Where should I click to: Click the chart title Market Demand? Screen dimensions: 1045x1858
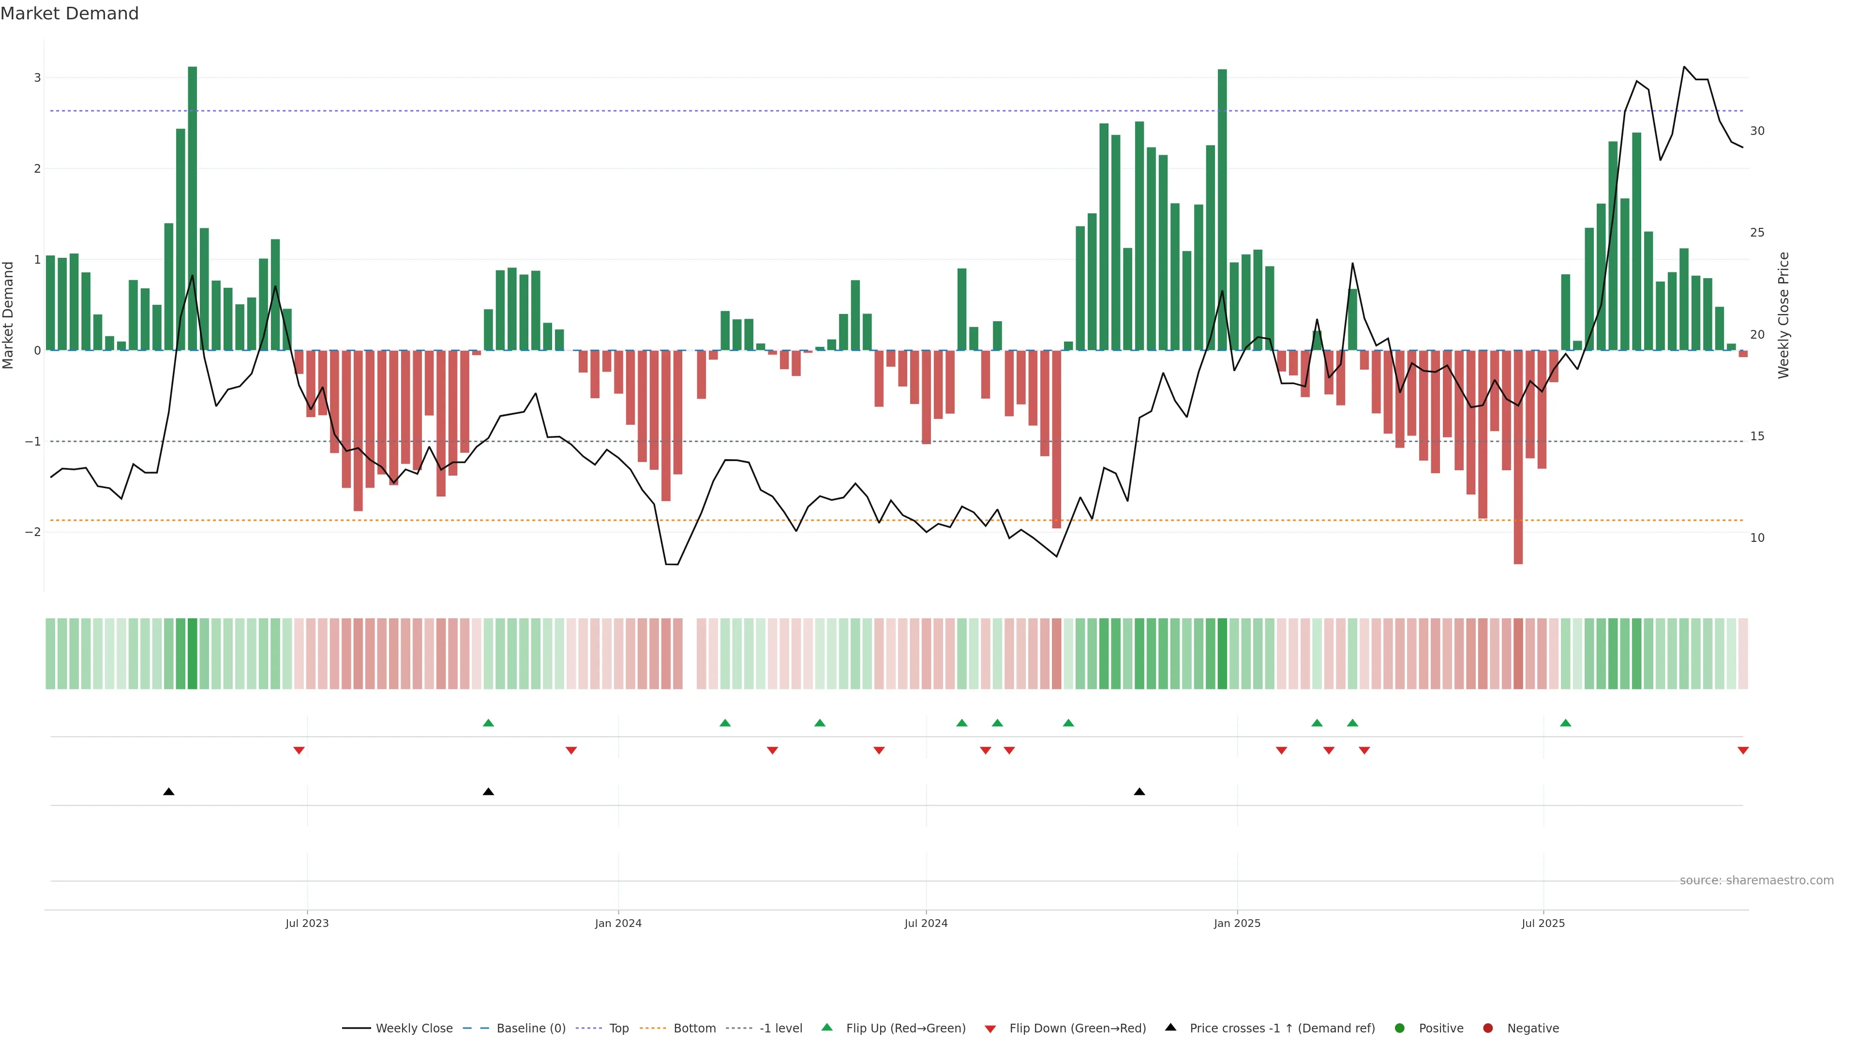[x=69, y=14]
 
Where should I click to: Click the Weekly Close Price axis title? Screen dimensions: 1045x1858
[x=1783, y=315]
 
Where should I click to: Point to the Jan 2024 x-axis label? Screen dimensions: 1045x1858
[x=618, y=923]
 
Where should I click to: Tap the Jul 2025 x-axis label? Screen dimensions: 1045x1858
[x=1543, y=923]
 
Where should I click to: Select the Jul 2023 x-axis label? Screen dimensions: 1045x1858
[x=307, y=923]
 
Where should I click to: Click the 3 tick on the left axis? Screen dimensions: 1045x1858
[x=38, y=78]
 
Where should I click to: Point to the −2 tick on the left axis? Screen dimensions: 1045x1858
[x=33, y=532]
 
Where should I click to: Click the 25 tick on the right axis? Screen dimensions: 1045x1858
[x=1757, y=233]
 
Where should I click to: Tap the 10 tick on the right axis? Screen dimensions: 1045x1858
[x=1757, y=538]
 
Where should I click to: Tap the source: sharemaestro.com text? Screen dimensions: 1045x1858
[x=1756, y=881]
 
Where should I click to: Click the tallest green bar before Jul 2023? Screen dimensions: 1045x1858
[x=193, y=209]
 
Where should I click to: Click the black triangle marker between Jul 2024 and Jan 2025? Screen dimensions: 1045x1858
[x=1139, y=792]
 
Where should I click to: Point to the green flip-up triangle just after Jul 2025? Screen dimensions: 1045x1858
[x=1566, y=723]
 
